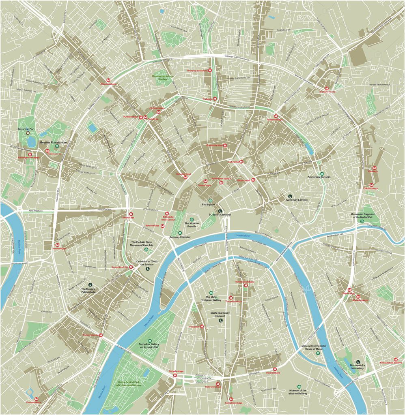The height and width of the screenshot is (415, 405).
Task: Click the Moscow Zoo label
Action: coord(28,128)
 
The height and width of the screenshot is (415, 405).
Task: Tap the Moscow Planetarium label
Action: coord(53,143)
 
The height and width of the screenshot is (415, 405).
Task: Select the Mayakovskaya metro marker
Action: coord(108,80)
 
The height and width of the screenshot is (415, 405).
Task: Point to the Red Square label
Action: coord(210,204)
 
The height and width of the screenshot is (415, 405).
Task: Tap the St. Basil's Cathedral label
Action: coord(219,215)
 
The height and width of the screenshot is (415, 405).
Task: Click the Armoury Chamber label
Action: coord(180,237)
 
